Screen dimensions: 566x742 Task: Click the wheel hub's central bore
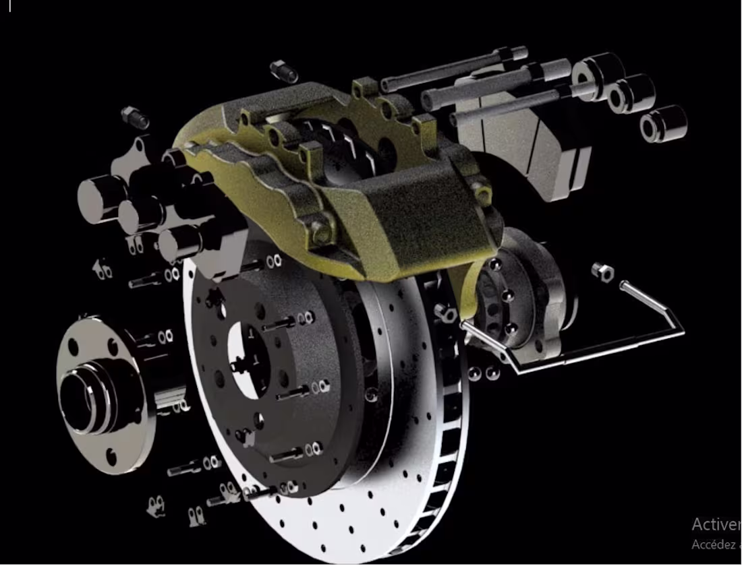click(x=81, y=398)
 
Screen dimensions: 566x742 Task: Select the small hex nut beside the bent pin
click(x=602, y=272)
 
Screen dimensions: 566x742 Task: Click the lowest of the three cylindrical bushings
click(x=662, y=124)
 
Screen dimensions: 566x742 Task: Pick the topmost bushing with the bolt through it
click(x=597, y=75)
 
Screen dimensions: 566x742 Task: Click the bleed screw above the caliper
click(x=284, y=70)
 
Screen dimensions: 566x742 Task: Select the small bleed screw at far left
click(x=135, y=117)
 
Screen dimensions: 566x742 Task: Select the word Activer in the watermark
click(x=715, y=524)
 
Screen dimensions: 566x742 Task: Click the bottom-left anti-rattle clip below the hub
click(x=156, y=505)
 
